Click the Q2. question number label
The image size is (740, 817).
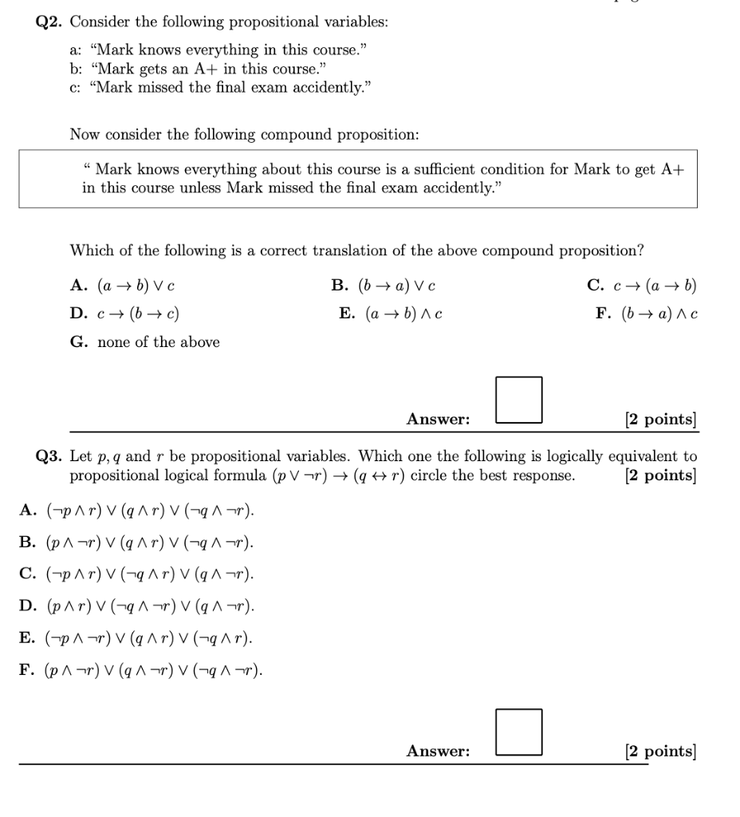point(51,22)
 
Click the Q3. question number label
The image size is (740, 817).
point(51,456)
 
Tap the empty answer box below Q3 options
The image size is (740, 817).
point(519,732)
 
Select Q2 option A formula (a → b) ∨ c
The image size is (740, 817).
point(135,286)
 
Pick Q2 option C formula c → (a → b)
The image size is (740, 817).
point(652,286)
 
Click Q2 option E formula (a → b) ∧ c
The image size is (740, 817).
point(403,314)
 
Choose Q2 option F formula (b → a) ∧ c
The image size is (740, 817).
point(658,314)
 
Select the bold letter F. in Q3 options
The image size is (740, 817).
point(27,670)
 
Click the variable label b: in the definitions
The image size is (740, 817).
point(77,69)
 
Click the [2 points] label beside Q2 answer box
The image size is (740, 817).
point(660,419)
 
